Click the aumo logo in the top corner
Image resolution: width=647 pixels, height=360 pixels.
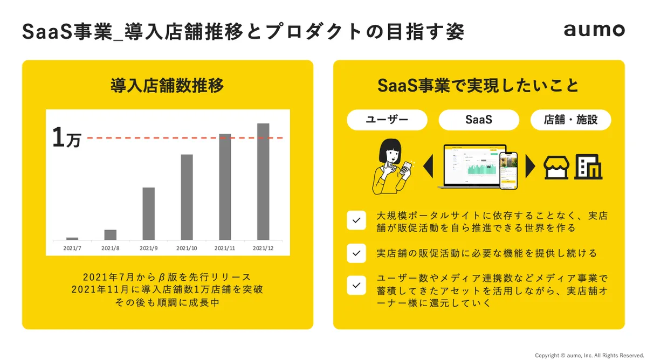(594, 30)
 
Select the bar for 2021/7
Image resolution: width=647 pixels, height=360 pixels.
(72, 239)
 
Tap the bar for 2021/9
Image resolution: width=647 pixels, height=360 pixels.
(148, 213)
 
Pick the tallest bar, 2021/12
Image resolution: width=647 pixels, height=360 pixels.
(263, 182)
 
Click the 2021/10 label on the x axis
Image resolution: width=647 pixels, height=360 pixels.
(187, 248)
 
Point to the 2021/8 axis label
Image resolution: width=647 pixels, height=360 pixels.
(111, 248)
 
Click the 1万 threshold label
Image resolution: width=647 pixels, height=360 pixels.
(67, 138)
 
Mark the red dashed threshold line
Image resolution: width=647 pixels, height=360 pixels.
(185, 138)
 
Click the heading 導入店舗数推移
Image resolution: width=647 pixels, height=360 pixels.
(167, 86)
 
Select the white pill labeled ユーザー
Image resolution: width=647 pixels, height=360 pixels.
(387, 120)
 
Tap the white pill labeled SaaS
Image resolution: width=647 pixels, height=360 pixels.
(479, 120)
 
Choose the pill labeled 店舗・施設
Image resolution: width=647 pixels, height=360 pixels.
(571, 120)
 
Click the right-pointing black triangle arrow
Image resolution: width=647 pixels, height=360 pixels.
(529, 166)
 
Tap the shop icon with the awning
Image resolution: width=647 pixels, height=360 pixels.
(556, 168)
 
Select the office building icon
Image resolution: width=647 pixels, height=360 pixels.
(588, 167)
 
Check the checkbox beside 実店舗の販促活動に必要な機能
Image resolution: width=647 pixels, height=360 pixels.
(356, 253)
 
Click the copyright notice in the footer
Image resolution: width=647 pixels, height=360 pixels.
(589, 355)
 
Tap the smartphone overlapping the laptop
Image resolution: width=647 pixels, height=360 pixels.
(508, 171)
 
